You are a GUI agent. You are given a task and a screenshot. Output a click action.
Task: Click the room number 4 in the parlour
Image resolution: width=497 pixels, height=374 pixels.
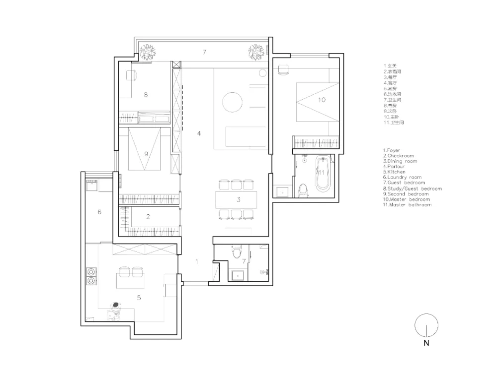[x=199, y=133]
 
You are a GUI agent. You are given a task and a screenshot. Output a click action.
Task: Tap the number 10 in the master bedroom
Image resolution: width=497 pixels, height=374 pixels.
[x=322, y=100]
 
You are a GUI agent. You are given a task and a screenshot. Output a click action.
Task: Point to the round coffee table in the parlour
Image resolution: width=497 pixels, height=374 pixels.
[x=233, y=103]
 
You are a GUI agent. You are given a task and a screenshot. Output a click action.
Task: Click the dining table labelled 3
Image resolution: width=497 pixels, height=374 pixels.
[x=238, y=200]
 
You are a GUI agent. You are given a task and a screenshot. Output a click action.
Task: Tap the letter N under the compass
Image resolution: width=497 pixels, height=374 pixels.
[x=426, y=343]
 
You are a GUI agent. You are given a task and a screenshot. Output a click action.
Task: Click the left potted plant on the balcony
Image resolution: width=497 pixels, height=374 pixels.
[x=147, y=51]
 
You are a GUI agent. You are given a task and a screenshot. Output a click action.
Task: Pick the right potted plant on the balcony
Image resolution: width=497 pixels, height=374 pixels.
[x=256, y=51]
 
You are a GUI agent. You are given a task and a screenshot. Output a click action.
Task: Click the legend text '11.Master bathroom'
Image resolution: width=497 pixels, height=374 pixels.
[x=407, y=205]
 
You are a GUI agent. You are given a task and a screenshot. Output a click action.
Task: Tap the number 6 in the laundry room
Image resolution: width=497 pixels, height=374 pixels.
[x=99, y=212]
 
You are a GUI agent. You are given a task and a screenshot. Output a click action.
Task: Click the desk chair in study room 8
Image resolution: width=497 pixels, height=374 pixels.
[x=132, y=75]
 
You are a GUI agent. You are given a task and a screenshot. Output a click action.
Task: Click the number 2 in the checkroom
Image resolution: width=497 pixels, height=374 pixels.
[x=148, y=217]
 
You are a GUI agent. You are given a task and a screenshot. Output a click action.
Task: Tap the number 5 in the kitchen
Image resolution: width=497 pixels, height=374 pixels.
[x=139, y=298]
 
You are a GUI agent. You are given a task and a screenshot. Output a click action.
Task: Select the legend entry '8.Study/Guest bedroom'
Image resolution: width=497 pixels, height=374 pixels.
[x=412, y=188]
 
